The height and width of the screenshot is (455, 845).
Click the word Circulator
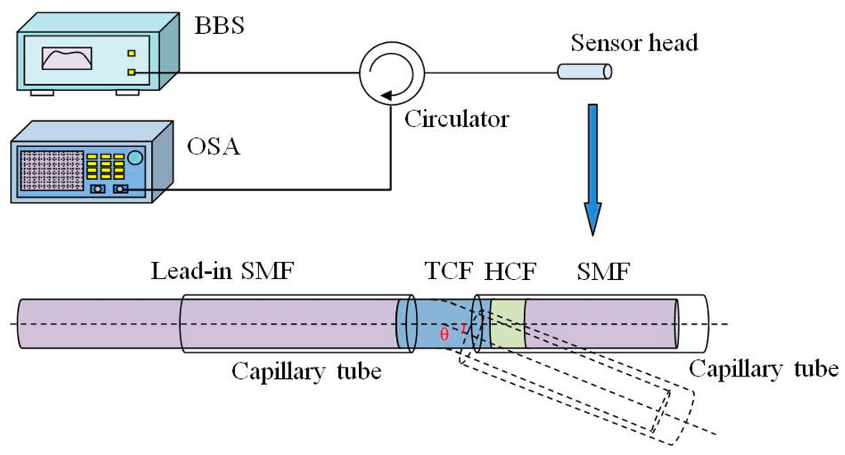pos(456,119)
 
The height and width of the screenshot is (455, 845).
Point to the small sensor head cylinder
pos(584,73)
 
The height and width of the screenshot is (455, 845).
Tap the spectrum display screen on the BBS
pos(67,59)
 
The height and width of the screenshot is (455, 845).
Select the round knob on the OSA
pos(135,156)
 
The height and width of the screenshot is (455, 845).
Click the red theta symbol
pos(445,334)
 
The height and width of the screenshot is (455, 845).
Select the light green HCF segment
pos(507,324)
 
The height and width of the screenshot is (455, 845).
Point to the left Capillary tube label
pos(306,371)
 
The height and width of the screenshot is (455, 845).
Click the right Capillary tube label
pos(764,369)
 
